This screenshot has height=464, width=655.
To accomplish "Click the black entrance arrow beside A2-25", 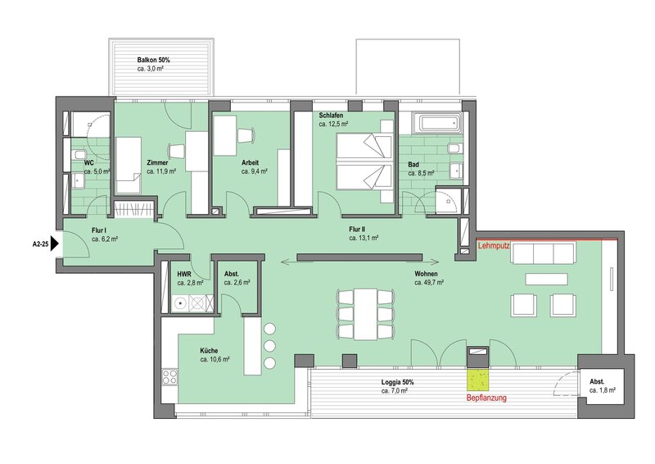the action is tap(55, 244).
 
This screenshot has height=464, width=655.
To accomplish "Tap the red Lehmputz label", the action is tap(494, 246).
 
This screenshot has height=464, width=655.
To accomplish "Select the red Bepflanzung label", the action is tap(486, 398).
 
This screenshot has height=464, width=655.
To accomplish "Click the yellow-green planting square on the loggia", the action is tap(478, 379).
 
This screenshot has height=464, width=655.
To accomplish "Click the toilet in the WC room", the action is tap(79, 155).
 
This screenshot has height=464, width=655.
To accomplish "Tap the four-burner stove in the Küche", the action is tap(169, 376).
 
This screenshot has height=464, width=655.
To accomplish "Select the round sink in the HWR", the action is tap(180, 303).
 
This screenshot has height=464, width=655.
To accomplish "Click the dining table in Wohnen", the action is tap(365, 314).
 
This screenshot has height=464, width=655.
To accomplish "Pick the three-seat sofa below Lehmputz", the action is tap(543, 252).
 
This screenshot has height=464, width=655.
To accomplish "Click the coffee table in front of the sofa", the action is tap(546, 279).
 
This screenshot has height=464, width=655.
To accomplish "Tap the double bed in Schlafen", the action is tap(364, 162).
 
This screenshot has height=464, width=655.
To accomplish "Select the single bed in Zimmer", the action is tap(128, 165).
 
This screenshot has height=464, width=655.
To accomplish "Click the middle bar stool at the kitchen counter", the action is tap(270, 346).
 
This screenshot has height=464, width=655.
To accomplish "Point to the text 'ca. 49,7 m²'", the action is tap(428, 283).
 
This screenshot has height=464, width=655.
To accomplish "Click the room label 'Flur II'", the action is tap(357, 230).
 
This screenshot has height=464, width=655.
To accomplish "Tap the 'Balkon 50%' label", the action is tap(153, 60).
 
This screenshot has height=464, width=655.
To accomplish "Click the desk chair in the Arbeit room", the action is tap(246, 135).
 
